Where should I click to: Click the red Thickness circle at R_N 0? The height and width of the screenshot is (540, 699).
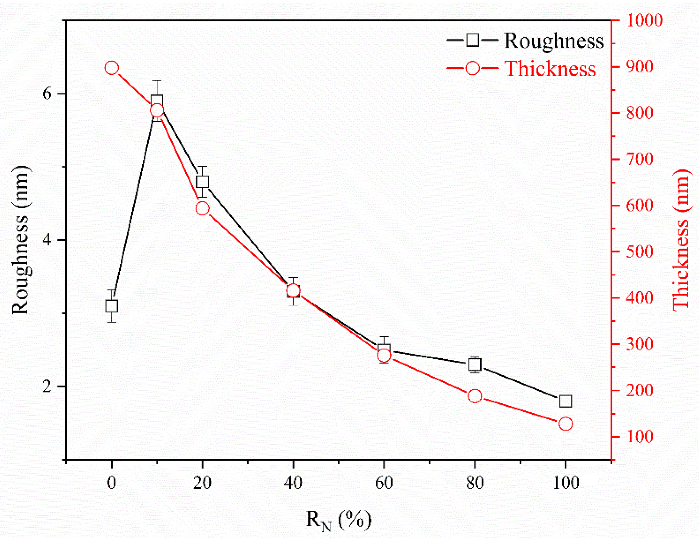pos(112,68)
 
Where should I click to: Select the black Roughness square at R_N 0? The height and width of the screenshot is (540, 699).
pos(112,306)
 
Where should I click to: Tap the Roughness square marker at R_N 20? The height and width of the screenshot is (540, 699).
pos(203,182)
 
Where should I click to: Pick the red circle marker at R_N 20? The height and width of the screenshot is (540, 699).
pos(203,208)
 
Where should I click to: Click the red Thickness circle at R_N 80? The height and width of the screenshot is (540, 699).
pos(475,396)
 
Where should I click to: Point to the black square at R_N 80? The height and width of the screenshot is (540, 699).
pos(475,365)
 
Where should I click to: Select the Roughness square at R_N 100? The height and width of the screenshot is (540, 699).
pos(566,401)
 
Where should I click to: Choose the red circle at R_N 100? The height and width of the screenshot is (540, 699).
pos(566,424)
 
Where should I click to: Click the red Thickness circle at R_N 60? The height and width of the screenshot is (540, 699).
pos(384,355)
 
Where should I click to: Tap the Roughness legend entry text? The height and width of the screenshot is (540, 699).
pos(554,41)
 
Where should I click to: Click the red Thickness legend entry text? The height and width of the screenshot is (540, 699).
pos(550,69)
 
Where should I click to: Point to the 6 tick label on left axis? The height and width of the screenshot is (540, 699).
pos(47,94)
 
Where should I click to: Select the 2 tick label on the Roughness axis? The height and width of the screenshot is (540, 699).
pos(47,386)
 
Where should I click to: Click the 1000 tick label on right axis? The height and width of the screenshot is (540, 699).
pos(644,20)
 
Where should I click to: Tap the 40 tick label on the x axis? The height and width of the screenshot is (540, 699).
pos(293,483)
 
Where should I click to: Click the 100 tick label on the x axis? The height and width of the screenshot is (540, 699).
pos(566,483)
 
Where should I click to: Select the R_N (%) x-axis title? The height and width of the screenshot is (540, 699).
pos(338,520)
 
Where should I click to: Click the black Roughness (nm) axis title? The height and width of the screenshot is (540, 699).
pos(21,240)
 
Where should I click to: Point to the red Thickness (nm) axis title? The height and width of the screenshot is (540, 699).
pos(682,240)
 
